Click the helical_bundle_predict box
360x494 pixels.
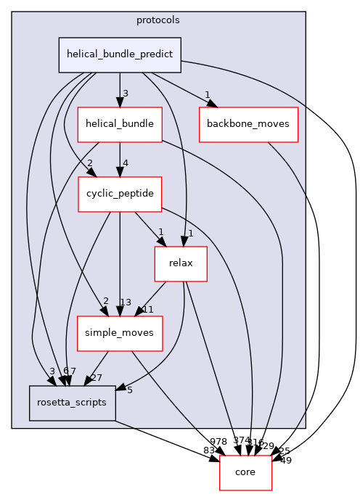coord(120,54)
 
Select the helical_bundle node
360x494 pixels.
coord(120,123)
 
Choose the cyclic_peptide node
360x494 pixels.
coord(120,194)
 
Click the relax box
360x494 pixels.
coord(181,263)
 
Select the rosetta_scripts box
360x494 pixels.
coord(72,403)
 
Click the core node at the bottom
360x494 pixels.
coord(245,473)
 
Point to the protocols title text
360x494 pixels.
coord(157,20)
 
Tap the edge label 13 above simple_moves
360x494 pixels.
coord(126,302)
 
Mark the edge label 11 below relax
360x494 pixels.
coord(148,309)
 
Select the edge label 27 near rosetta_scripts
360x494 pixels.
coord(96,377)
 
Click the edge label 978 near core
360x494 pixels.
coord(218,441)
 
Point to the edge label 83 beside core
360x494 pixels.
coord(209,450)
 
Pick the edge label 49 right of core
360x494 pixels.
coord(285,460)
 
